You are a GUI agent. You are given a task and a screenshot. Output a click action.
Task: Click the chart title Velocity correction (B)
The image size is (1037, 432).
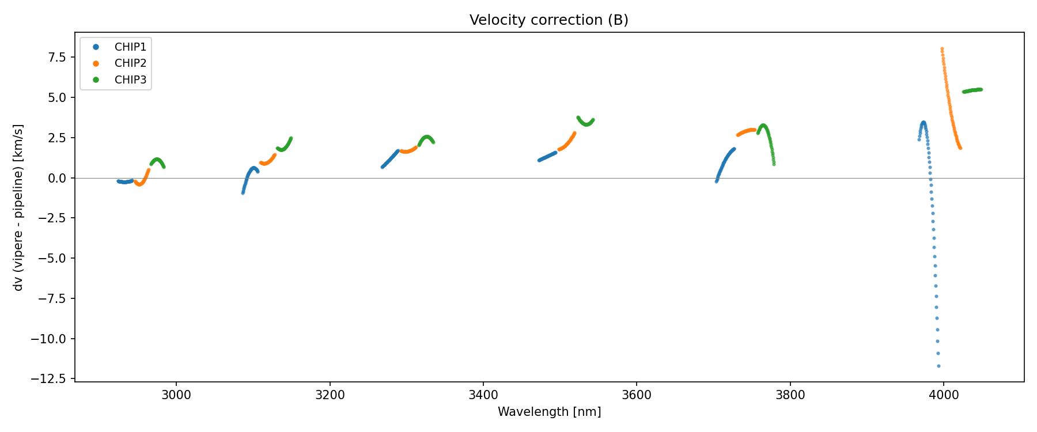(x=548, y=20)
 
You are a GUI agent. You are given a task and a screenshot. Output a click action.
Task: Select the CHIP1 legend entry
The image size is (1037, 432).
(x=130, y=47)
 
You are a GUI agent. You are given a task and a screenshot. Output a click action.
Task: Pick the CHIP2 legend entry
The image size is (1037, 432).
(x=130, y=63)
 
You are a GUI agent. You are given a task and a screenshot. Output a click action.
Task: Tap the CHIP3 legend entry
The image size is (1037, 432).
(x=130, y=80)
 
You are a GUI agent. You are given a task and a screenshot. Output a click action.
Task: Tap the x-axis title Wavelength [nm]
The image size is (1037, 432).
(x=549, y=412)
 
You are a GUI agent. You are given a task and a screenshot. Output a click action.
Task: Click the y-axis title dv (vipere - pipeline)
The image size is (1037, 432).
(x=18, y=207)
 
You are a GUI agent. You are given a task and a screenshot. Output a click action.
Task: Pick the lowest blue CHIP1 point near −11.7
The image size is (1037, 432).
(x=938, y=366)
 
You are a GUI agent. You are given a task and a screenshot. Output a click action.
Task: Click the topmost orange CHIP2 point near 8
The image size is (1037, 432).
(x=942, y=49)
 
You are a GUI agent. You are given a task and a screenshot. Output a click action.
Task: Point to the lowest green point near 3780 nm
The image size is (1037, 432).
(x=774, y=164)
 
